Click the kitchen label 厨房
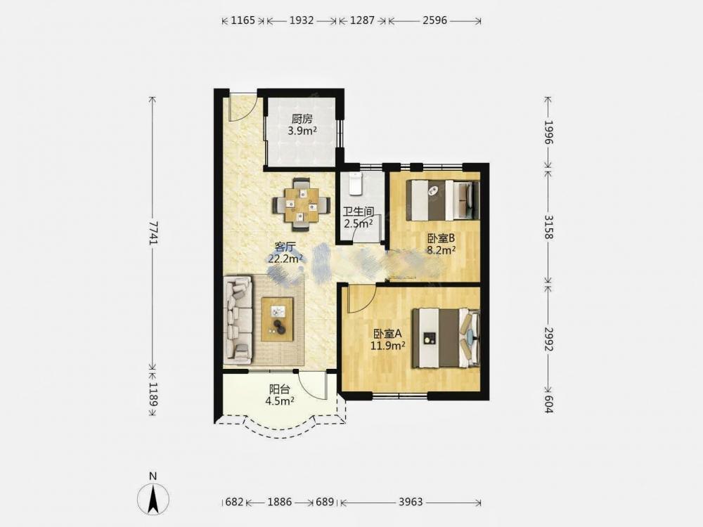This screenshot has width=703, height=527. tap(302, 119)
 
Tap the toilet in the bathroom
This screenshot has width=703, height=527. tap(356, 183)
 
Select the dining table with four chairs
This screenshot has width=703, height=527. tap(302, 204)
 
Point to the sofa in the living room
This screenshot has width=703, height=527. tap(238, 320)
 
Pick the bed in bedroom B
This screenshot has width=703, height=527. tap(443, 200)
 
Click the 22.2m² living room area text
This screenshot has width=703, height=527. tap(285, 259)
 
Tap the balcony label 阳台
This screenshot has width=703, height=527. tap(279, 389)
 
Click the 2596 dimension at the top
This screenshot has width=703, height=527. tap(434, 20)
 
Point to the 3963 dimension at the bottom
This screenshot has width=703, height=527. tap(411, 502)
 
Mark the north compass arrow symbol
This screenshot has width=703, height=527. tap(153, 497)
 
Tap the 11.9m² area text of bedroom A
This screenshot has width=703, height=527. tap(388, 346)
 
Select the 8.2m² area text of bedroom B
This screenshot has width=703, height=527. tap(441, 251)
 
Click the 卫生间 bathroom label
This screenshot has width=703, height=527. tap(359, 211)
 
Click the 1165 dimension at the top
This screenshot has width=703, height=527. tap(243, 20)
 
